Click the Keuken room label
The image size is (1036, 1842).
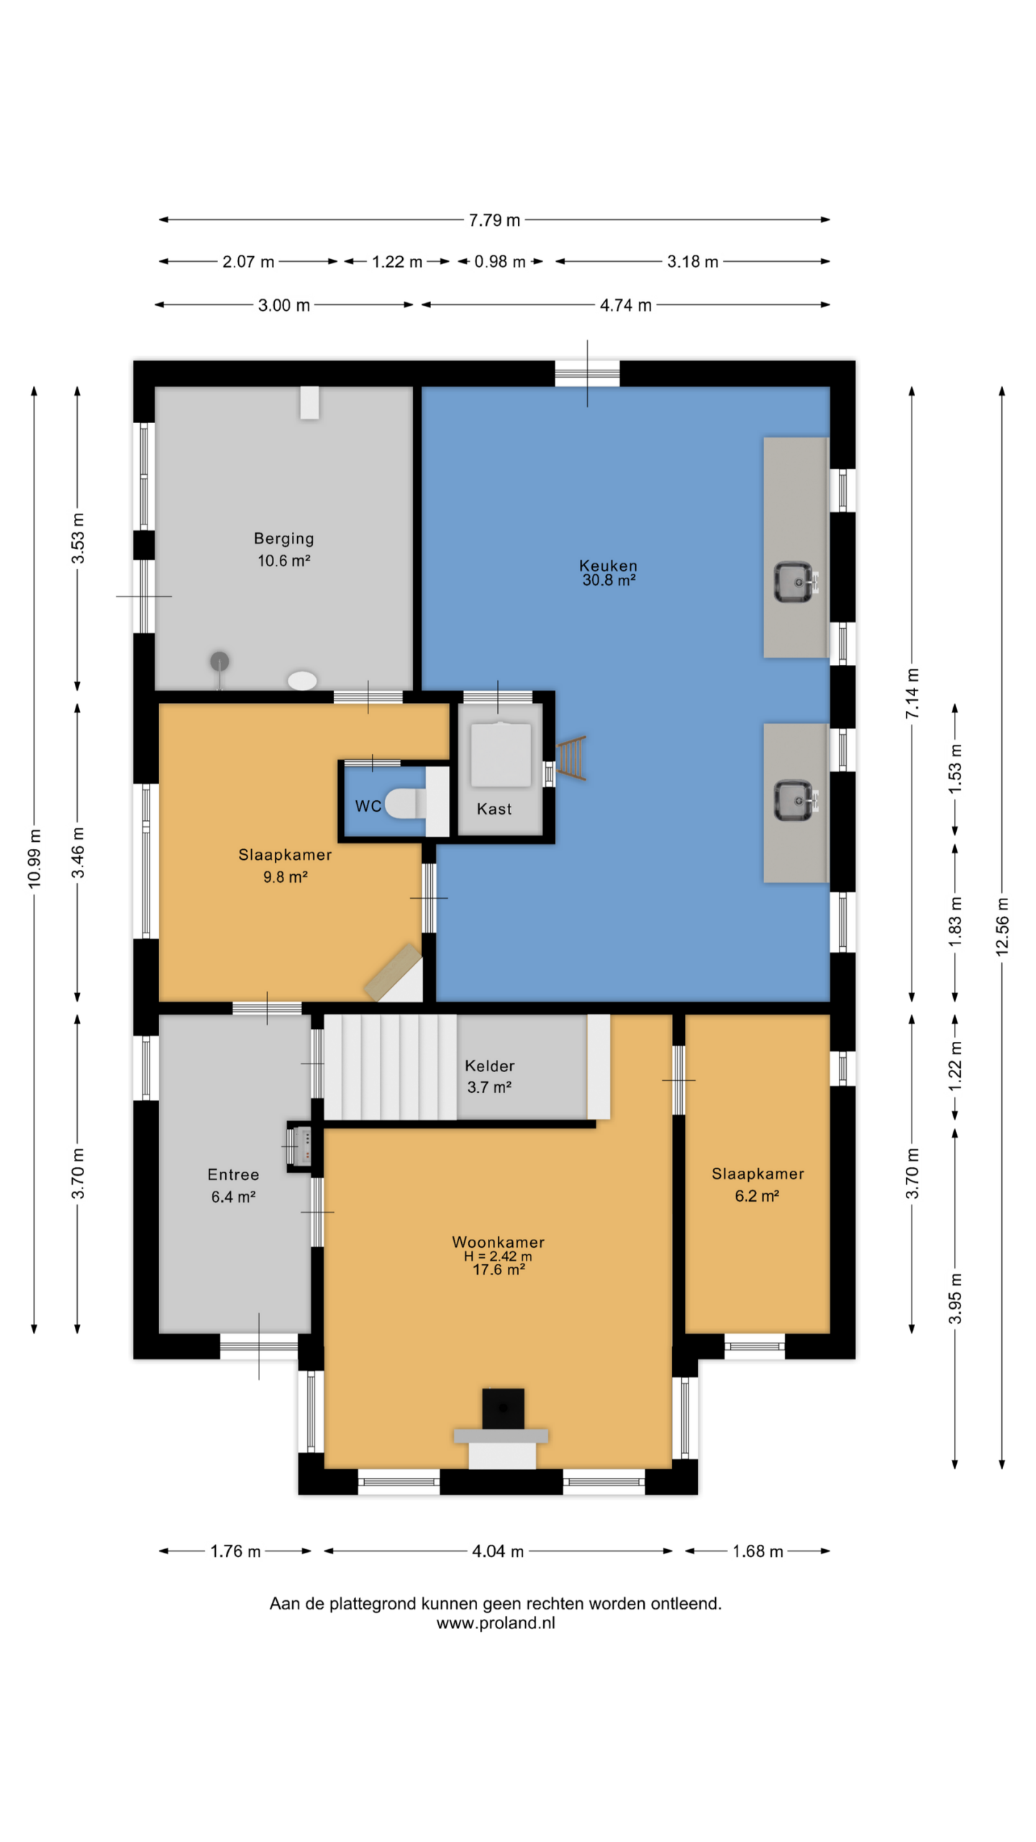click(x=608, y=572)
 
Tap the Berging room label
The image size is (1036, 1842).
click(x=283, y=549)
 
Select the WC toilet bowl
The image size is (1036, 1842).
click(x=406, y=804)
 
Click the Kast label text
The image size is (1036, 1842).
click(x=494, y=809)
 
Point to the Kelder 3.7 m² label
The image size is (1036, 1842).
click(x=489, y=1076)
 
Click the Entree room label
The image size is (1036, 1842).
click(x=233, y=1185)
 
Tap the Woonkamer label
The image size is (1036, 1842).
click(x=498, y=1256)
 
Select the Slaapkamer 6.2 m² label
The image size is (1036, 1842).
click(x=758, y=1184)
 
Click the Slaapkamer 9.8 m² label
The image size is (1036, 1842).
click(x=285, y=865)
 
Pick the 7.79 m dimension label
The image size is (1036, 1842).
click(x=494, y=220)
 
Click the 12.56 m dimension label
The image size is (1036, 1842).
click(x=1002, y=927)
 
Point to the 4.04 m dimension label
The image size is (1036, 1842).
click(x=497, y=1551)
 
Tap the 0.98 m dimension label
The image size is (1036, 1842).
click(x=499, y=262)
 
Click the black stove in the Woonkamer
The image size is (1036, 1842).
click(x=503, y=1409)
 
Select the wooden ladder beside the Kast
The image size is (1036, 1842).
click(x=572, y=758)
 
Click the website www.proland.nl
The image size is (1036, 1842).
click(x=496, y=1623)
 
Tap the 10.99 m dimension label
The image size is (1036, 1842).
click(x=34, y=858)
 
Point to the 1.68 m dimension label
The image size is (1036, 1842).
click(x=758, y=1551)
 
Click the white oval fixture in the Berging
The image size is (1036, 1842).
click(x=302, y=680)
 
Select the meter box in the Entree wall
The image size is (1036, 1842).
click(x=301, y=1146)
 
